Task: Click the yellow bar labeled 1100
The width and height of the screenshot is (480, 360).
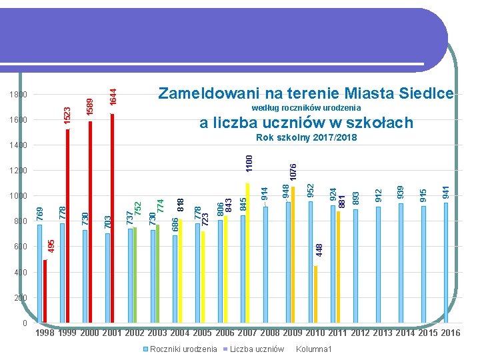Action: pyautogui.click(x=247, y=253)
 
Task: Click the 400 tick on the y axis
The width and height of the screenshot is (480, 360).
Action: pyautogui.click(x=21, y=273)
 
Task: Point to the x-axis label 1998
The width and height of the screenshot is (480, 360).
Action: pyautogui.click(x=45, y=333)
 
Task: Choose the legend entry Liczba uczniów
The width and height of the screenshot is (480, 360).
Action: pyautogui.click(x=257, y=349)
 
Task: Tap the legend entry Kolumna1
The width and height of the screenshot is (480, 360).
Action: pyautogui.click(x=313, y=349)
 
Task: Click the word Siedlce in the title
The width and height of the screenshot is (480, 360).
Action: pyautogui.click(x=425, y=93)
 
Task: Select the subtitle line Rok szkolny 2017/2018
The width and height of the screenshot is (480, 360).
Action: pyautogui.click(x=307, y=138)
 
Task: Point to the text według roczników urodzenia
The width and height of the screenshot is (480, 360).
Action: pyautogui.click(x=307, y=108)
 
